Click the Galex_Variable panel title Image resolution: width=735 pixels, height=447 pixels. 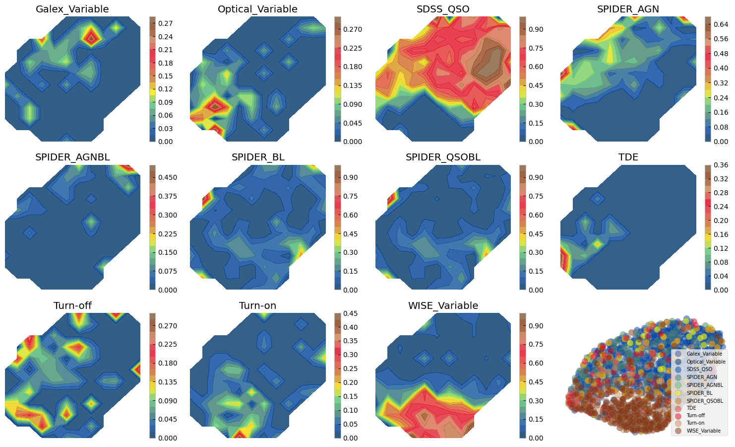click(x=72, y=9)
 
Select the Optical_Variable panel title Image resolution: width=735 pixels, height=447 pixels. click(x=257, y=9)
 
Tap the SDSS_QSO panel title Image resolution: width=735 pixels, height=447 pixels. click(x=443, y=9)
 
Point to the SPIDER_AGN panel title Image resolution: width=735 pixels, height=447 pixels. click(x=628, y=9)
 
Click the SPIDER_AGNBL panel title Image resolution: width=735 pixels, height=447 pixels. click(x=72, y=157)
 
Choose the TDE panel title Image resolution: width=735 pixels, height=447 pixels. click(x=628, y=157)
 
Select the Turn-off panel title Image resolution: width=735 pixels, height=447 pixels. click(x=72, y=305)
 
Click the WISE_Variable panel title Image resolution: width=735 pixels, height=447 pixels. click(x=443, y=305)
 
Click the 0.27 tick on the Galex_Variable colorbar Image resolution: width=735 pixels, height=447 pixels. click(x=166, y=23)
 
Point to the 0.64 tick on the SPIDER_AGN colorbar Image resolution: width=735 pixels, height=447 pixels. click(x=721, y=24)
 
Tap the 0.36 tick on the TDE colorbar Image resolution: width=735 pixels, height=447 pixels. click(x=721, y=165)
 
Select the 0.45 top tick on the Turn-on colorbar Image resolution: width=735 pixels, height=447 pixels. click(x=350, y=313)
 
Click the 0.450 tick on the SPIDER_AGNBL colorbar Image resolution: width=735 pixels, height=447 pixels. click(x=167, y=177)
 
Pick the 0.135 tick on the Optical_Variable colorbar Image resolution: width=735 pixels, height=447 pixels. click(x=353, y=85)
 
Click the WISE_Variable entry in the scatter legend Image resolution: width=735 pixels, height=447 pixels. click(x=703, y=431)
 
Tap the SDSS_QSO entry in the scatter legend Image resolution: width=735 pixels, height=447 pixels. click(x=699, y=369)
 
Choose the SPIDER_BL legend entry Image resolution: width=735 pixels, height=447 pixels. click(x=699, y=392)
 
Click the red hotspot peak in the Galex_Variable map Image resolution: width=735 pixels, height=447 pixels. click(x=91, y=36)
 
